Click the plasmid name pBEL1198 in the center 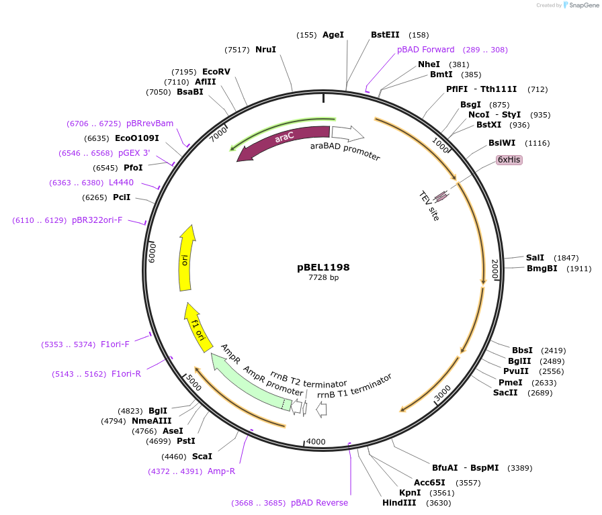click(x=323, y=267)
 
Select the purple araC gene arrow click(x=282, y=140)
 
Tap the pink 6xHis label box click(x=509, y=160)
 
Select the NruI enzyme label click(x=265, y=50)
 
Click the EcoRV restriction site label click(x=216, y=72)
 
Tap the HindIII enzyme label click(x=399, y=502)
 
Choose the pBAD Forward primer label click(x=426, y=50)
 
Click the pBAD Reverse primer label click(x=319, y=502)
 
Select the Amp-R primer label click(x=221, y=471)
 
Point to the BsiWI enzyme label click(x=502, y=143)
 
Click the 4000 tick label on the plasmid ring click(x=316, y=441)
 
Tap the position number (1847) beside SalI click(x=566, y=258)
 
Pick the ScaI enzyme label click(x=202, y=457)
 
